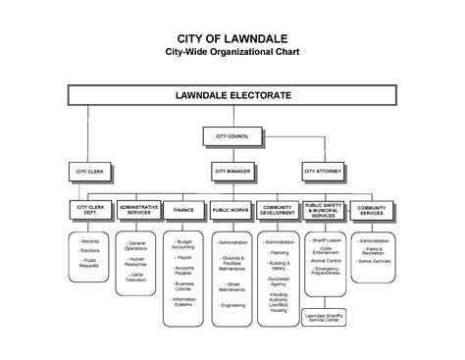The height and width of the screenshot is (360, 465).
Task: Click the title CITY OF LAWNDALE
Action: pyautogui.click(x=232, y=36)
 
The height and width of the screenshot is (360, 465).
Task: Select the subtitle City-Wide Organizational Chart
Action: pyautogui.click(x=232, y=51)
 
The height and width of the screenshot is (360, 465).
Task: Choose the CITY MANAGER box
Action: pyautogui.click(x=233, y=171)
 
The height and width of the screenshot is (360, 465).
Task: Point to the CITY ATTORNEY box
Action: pyautogui.click(x=324, y=171)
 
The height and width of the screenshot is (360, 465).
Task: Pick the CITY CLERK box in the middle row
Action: pyautogui.click(x=89, y=171)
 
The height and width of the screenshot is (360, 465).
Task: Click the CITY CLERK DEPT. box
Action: pyautogui.click(x=89, y=210)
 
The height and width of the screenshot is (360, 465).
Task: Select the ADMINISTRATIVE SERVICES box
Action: pyautogui.click(x=139, y=210)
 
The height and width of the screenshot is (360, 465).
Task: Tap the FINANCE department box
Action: pyautogui.click(x=184, y=210)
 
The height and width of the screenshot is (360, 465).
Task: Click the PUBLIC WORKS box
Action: pyautogui.click(x=232, y=210)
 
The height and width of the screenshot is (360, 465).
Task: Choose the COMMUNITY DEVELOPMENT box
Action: pyautogui.click(x=279, y=210)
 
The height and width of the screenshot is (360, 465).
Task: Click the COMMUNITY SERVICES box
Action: pyautogui.click(x=372, y=210)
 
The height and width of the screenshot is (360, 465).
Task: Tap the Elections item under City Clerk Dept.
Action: pyautogui.click(x=89, y=251)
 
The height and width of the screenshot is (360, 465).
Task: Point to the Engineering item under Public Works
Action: pyautogui.click(x=232, y=304)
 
